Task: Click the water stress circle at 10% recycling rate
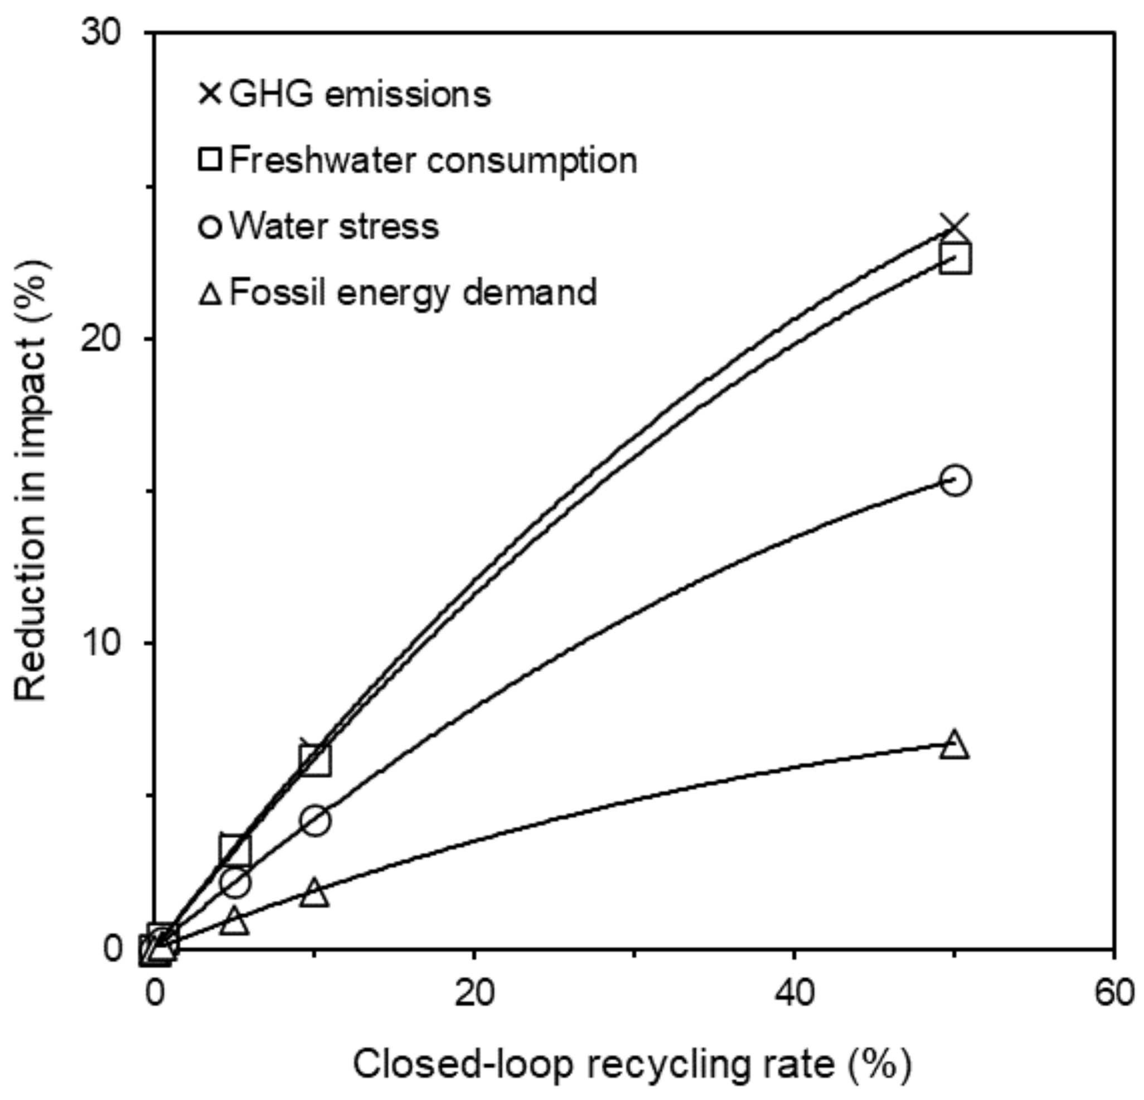point(315,821)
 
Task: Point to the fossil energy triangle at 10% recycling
point(315,892)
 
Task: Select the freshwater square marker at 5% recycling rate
point(235,851)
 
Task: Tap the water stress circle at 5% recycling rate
point(235,883)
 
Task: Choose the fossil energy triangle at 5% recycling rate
point(235,922)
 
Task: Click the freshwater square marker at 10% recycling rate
point(315,760)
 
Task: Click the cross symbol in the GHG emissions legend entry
point(210,94)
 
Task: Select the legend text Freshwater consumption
point(433,160)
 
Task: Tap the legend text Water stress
point(334,226)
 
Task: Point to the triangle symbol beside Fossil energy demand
point(210,292)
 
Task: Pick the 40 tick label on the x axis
point(794,992)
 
